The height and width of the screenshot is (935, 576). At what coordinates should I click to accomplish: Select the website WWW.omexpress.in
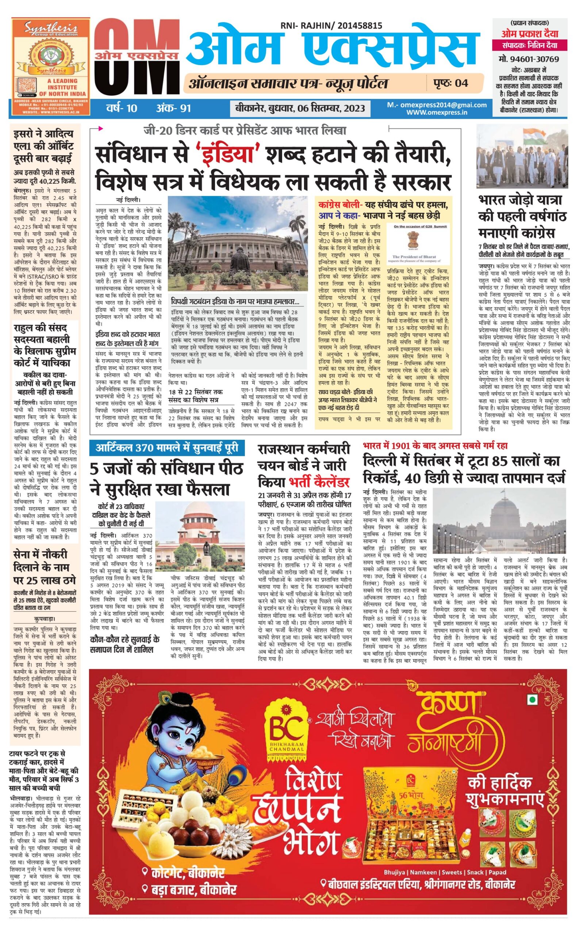[437, 112]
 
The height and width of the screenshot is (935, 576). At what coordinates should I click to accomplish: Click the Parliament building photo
[238, 244]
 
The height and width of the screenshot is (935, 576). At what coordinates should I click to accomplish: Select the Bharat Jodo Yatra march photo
[523, 156]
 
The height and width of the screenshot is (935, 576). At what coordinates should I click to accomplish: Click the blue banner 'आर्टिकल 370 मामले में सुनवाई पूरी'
[167, 447]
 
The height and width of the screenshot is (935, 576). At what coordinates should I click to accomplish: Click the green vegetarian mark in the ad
[531, 699]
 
